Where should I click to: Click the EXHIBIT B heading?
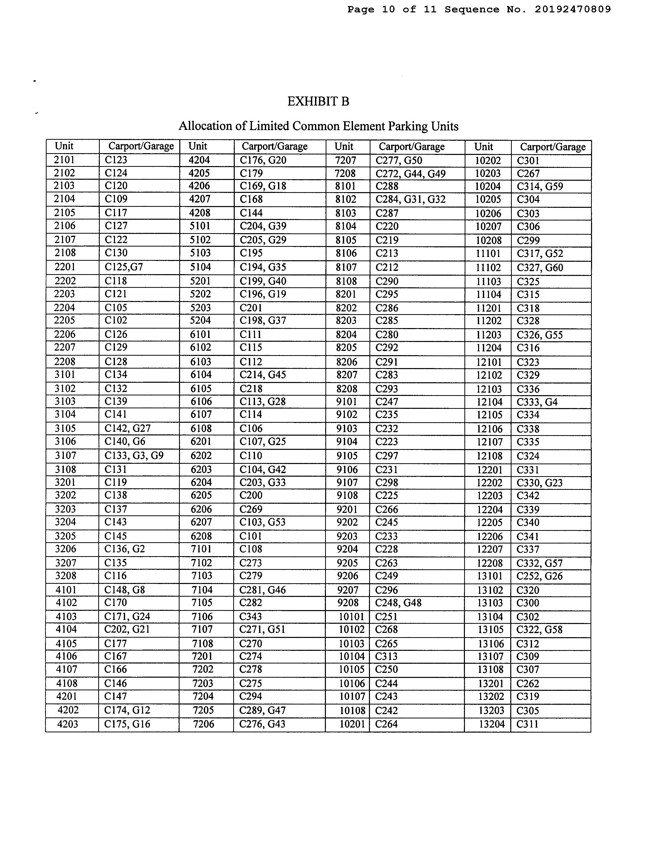coord(318,102)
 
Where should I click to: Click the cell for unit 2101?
coord(64,160)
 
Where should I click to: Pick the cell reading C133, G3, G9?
coord(134,456)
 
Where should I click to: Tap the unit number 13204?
coord(492,724)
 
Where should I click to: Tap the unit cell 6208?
coord(201,536)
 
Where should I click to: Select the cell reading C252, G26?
coord(539,576)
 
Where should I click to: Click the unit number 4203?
coord(68,724)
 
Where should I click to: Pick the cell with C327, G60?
coord(540,268)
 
